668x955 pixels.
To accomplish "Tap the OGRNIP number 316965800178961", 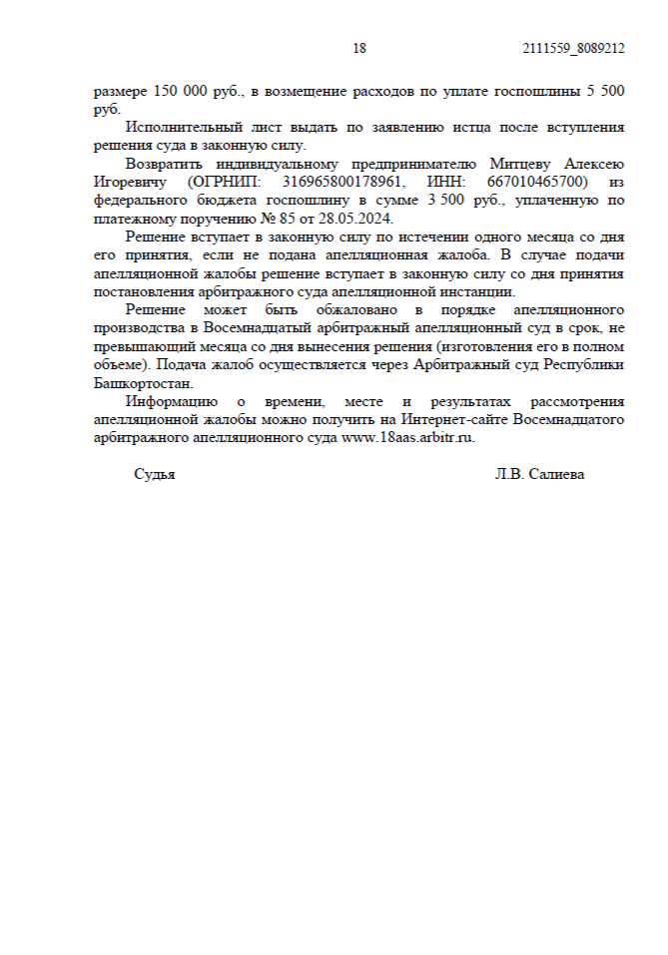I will [x=339, y=183].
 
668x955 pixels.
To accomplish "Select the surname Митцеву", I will [x=519, y=165].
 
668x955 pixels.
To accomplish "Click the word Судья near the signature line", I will [x=155, y=475].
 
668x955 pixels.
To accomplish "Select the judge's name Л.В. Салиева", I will [x=539, y=475].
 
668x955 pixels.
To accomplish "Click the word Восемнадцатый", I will [x=262, y=328].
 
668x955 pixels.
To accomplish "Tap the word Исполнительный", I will [x=183, y=128].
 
